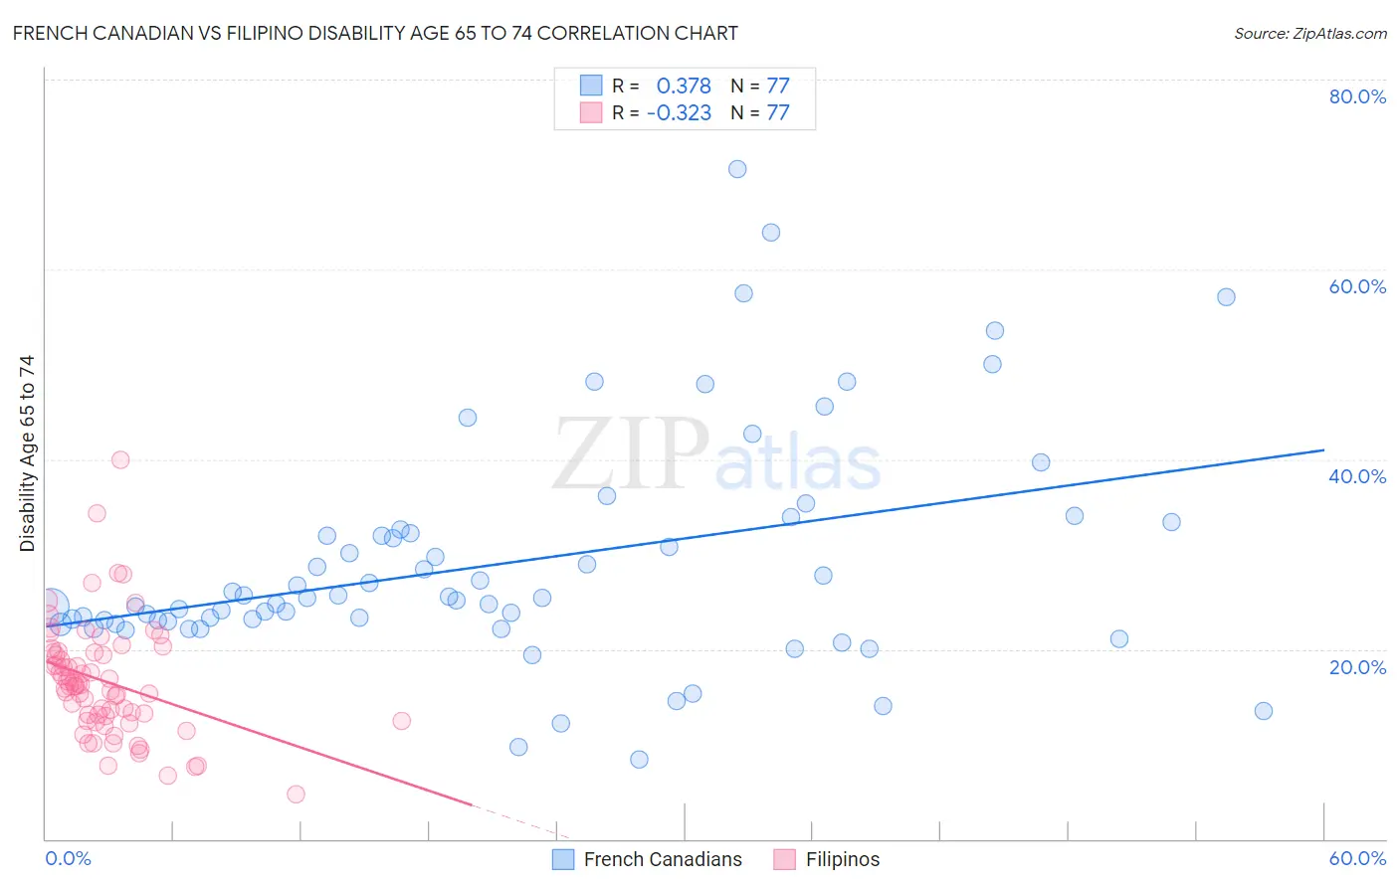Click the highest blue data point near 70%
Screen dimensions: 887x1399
[x=737, y=169]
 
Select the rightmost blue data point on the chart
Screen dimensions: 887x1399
[x=1264, y=711]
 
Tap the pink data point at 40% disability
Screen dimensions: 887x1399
[x=120, y=459]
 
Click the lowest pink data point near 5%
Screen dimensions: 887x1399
[x=296, y=795]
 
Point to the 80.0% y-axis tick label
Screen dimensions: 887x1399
[x=1357, y=96]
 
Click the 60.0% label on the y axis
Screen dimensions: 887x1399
[x=1357, y=286]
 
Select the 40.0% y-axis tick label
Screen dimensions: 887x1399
[x=1357, y=476]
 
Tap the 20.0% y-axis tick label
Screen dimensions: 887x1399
[x=1357, y=667]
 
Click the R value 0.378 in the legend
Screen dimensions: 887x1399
[x=684, y=86]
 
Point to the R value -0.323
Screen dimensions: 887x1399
[x=679, y=113]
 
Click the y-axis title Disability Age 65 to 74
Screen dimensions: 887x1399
[x=27, y=453]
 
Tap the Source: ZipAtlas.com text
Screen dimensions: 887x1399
[x=1309, y=34]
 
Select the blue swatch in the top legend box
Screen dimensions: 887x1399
[x=591, y=86]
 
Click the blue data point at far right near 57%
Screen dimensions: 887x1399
[x=1226, y=297]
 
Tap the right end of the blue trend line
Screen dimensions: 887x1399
[x=1323, y=450]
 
